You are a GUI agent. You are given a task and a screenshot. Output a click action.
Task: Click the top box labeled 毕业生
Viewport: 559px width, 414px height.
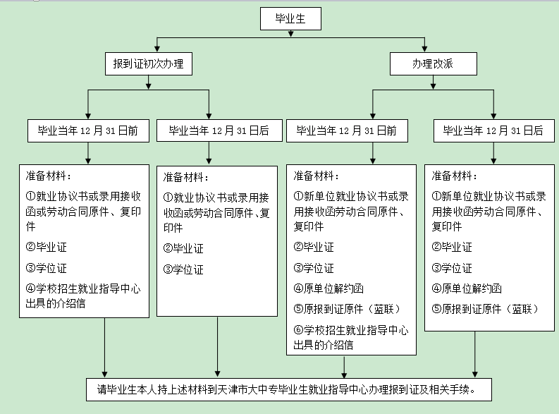coord(290,20)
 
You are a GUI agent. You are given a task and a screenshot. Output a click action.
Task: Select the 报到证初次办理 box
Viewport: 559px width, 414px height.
coord(148,64)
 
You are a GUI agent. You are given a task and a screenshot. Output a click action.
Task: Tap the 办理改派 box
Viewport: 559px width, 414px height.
coord(433,64)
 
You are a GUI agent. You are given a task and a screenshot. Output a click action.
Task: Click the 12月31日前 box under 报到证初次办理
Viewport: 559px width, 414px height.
coord(87,130)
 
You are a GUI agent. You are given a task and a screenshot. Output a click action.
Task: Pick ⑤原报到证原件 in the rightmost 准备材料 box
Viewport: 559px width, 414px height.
coord(486,308)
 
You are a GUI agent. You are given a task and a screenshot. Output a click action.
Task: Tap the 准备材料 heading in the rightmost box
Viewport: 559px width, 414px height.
coord(454,176)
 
